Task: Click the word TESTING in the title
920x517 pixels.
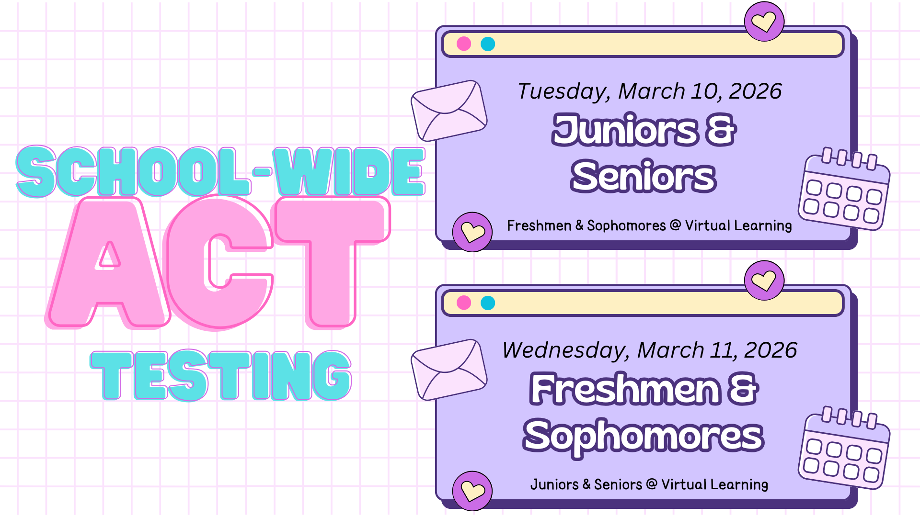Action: [x=221, y=375]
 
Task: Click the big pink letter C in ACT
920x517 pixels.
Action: [x=218, y=262]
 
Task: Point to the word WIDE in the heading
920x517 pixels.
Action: [x=349, y=171]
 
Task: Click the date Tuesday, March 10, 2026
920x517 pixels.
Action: [x=649, y=91]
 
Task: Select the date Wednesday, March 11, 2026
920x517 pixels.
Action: [x=649, y=350]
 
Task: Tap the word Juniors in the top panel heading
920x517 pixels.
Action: [x=625, y=130]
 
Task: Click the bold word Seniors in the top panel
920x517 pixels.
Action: [x=644, y=176]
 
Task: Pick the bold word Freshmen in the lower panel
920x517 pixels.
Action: [x=625, y=389]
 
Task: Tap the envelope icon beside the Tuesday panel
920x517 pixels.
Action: [x=449, y=111]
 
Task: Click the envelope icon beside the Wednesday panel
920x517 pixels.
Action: [x=449, y=370]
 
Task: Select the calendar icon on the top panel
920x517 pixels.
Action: [x=844, y=190]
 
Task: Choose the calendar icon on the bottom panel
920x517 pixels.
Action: [x=844, y=449]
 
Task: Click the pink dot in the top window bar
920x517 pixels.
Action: [x=464, y=44]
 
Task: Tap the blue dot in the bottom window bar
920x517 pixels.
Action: [x=488, y=303]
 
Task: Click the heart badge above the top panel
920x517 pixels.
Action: [x=764, y=22]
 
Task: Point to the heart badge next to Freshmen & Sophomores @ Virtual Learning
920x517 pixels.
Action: [x=472, y=232]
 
